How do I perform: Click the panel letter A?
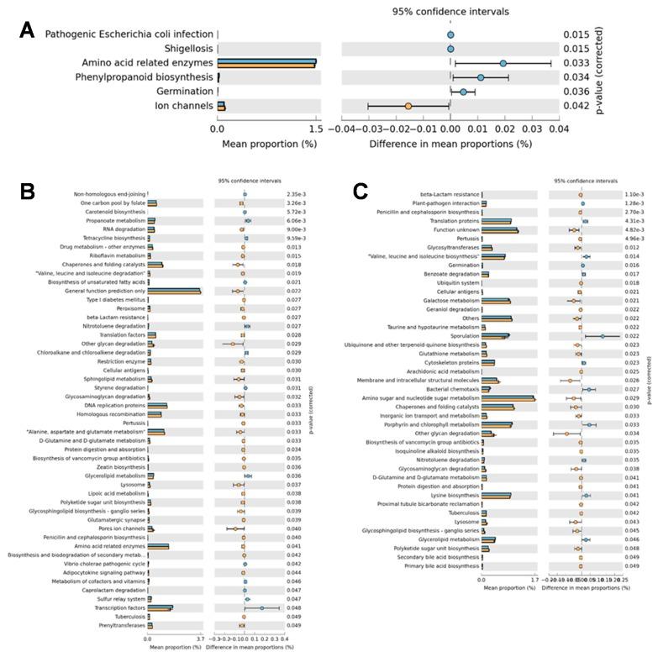[x=27, y=31]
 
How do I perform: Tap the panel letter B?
[x=27, y=191]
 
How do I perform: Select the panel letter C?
[x=361, y=191]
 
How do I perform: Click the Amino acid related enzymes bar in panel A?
[x=266, y=63]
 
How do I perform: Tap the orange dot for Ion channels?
[x=408, y=106]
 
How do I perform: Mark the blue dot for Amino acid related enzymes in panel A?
[x=503, y=63]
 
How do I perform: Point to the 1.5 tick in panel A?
[x=316, y=129]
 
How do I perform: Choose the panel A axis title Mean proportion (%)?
[x=266, y=144]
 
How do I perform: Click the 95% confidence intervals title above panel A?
[x=450, y=12]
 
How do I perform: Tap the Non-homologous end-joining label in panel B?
[x=110, y=194]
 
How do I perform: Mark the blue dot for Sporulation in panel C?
[x=602, y=336]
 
